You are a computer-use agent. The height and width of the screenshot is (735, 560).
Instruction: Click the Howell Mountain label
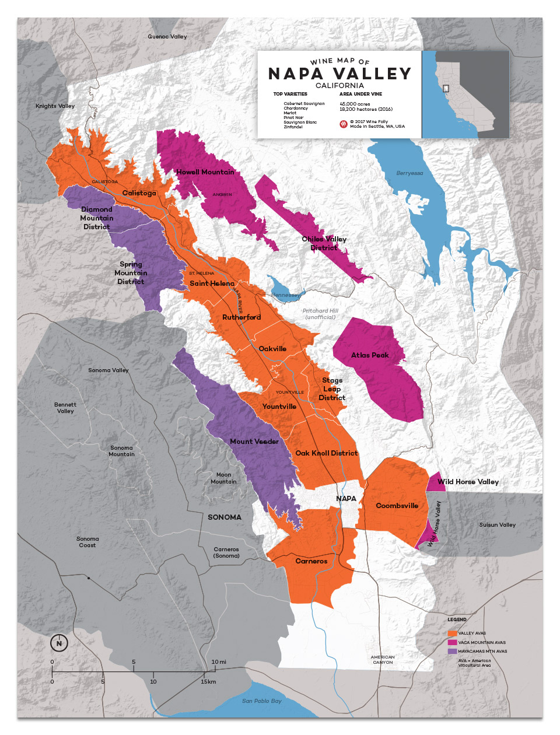pyautogui.click(x=205, y=172)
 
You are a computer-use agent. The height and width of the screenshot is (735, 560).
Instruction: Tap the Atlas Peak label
pyautogui.click(x=370, y=355)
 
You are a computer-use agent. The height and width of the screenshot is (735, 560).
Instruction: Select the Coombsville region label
pyautogui.click(x=397, y=506)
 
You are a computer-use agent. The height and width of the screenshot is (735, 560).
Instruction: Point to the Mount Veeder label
pyautogui.click(x=254, y=442)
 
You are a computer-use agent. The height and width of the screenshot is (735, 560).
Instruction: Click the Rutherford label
pyautogui.click(x=242, y=317)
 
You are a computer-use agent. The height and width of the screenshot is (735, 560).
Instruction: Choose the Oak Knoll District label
pyautogui.click(x=326, y=453)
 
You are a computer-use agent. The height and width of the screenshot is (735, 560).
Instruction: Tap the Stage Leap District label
pyautogui.click(x=332, y=389)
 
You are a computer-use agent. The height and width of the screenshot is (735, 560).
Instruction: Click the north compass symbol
pyautogui.click(x=59, y=643)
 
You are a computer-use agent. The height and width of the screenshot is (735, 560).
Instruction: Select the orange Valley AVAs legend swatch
pyautogui.click(x=452, y=633)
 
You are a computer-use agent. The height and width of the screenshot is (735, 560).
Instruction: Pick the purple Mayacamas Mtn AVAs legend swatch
pyautogui.click(x=452, y=651)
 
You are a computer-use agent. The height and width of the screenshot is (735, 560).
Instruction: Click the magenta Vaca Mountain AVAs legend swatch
pyautogui.click(x=452, y=642)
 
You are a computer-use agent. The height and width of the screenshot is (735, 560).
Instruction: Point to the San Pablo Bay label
pyautogui.click(x=262, y=701)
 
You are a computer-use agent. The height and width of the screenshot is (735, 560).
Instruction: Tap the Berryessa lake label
pyautogui.click(x=409, y=173)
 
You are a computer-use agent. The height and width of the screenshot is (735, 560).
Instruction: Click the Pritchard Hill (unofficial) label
pyautogui.click(x=320, y=314)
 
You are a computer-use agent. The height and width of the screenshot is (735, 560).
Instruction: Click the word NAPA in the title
pyautogui.click(x=296, y=74)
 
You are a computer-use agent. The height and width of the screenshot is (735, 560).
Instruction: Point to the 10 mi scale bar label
pyautogui.click(x=219, y=661)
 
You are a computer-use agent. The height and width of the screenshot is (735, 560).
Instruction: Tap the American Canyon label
pyautogui.click(x=383, y=660)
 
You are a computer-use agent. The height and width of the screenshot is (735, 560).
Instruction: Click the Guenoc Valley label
pyautogui.click(x=167, y=36)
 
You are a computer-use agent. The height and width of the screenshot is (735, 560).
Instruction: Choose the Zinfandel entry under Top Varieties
pyautogui.click(x=293, y=127)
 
